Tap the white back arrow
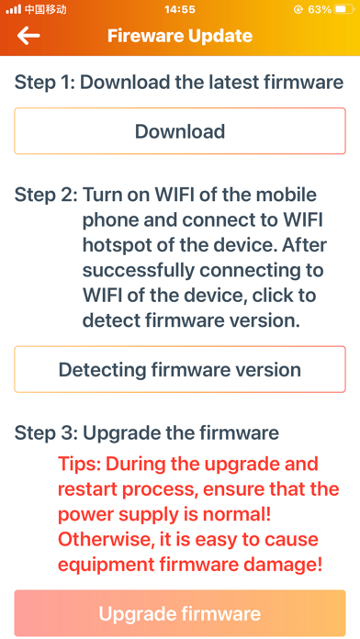(28, 36)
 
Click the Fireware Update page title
(180, 36)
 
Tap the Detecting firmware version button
(180, 369)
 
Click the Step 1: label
(45, 83)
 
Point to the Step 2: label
(46, 195)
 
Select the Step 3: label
(46, 432)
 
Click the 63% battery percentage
(320, 9)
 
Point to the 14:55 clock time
(180, 9)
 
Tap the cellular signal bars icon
(14, 9)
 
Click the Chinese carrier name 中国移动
(45, 9)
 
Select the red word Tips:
(79, 464)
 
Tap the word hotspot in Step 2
(113, 246)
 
